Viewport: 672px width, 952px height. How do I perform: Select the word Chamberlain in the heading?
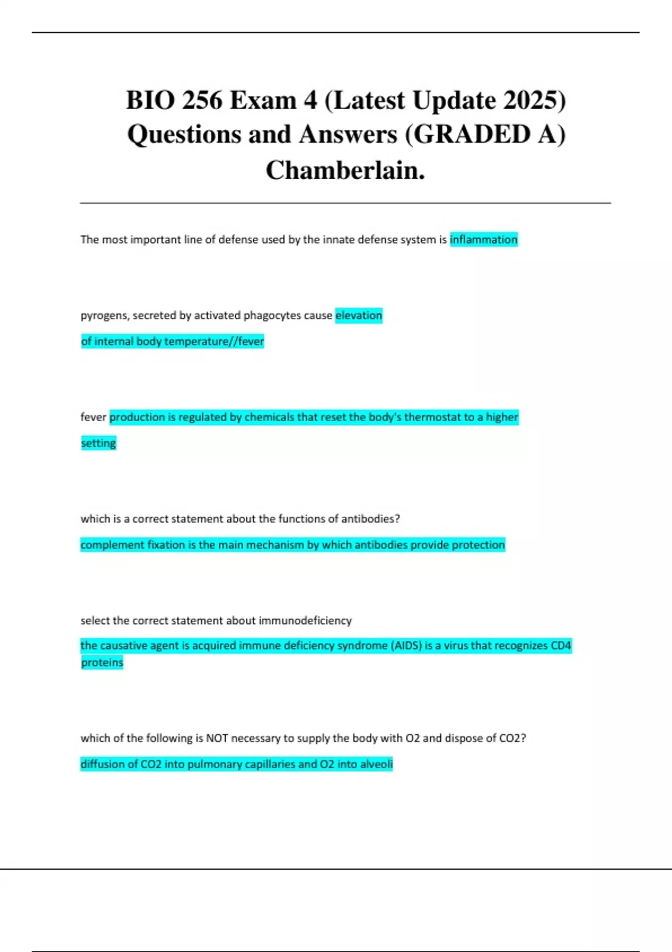coord(345,170)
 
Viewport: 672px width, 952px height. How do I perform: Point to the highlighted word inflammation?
coord(483,240)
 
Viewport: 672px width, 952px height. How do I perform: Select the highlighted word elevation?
coord(358,315)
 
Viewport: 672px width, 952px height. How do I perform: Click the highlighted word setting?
coord(99,443)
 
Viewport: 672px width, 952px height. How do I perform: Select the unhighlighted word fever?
coord(93,417)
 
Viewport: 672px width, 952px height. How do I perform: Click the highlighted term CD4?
coord(561,646)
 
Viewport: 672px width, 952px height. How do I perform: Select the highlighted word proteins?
coord(102,662)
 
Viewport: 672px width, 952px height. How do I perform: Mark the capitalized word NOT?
coord(217,738)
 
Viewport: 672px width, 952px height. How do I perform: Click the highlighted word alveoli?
coord(375,764)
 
